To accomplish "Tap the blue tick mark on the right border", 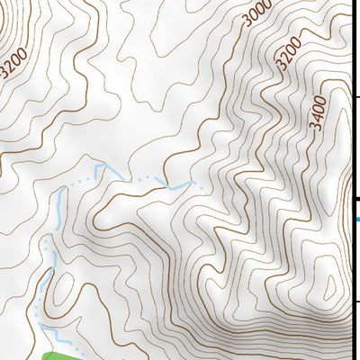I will tap(358, 219).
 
